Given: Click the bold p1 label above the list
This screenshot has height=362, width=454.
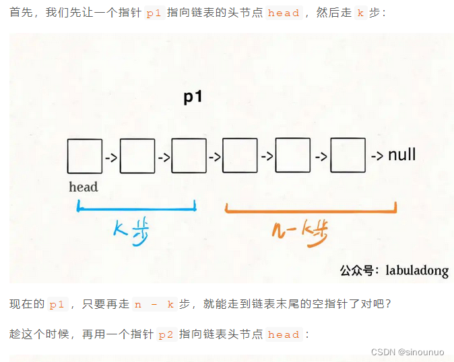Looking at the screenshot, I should click(x=193, y=97).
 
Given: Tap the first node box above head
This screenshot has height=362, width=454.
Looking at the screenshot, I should click(x=84, y=156).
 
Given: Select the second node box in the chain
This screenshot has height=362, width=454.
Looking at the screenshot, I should click(x=137, y=156).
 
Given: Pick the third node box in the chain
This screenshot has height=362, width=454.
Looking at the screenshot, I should click(x=189, y=156).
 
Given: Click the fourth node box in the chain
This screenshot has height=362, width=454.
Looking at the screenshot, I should click(x=240, y=156).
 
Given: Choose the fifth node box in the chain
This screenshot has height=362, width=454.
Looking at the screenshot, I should click(x=293, y=156).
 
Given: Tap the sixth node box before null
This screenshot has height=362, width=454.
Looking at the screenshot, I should click(x=348, y=156).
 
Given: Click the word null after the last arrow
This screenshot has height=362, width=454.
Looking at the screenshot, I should click(x=401, y=155).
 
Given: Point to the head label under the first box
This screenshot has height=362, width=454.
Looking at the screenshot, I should click(x=84, y=187).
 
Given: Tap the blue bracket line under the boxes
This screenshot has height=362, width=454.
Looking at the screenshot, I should click(x=137, y=209).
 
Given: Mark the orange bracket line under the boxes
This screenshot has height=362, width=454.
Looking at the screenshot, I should click(x=310, y=210).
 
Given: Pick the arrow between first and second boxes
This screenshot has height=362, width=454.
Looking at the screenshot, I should click(x=110, y=158).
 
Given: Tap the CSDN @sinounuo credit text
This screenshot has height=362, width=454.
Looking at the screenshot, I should click(x=408, y=351).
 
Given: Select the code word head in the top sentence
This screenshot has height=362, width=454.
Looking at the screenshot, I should click(x=283, y=13).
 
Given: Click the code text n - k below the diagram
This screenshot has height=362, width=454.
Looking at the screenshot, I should click(x=154, y=304).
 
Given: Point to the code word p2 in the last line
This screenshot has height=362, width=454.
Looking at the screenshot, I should click(x=166, y=334).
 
